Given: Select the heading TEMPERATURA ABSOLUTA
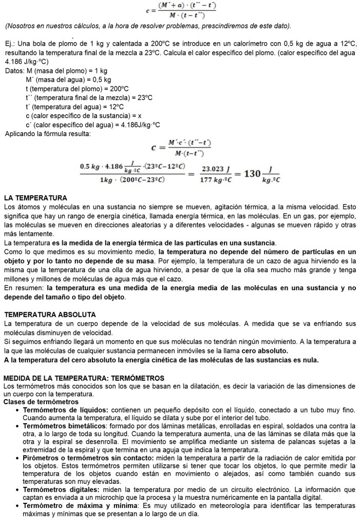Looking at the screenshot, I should coord(50,314).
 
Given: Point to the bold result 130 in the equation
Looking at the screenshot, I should coord(252,174).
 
